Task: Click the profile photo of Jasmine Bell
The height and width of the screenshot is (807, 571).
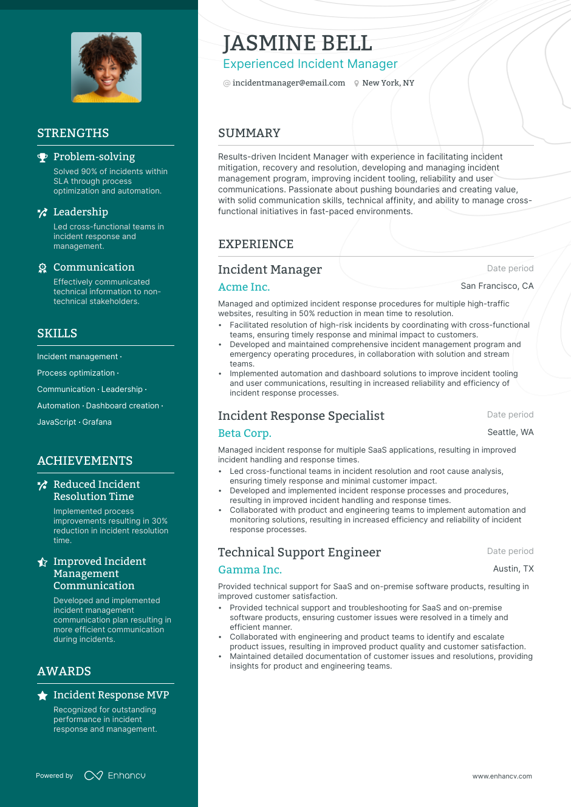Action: [x=106, y=67]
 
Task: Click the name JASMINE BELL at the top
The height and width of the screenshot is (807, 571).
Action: [x=297, y=43]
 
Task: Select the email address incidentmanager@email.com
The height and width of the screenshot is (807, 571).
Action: [x=289, y=83]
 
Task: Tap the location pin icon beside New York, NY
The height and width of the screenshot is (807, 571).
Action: [x=357, y=84]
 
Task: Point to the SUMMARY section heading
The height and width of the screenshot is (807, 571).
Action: [x=249, y=133]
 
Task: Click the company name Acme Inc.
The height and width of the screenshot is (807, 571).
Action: [x=244, y=287]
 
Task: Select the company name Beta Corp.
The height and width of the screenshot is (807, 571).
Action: [x=244, y=433]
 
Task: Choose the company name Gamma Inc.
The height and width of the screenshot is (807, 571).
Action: [x=250, y=570]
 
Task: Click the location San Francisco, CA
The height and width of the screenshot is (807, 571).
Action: [x=497, y=286]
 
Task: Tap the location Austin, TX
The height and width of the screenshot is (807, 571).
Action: [x=513, y=569]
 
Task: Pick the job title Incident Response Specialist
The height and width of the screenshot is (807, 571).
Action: [x=301, y=416]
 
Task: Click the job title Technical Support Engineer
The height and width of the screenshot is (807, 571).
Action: [x=299, y=552]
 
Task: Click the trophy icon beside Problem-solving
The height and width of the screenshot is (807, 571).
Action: [x=43, y=158]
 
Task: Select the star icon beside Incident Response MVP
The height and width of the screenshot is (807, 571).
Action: [x=43, y=696]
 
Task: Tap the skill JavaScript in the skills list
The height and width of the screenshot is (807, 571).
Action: [x=56, y=422]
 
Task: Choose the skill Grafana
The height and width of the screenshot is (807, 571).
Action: [x=97, y=422]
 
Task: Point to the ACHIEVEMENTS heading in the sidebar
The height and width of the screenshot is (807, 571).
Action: [x=84, y=461]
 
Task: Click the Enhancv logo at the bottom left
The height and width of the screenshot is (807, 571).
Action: [x=115, y=775]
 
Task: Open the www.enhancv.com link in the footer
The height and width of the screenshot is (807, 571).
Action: [x=502, y=776]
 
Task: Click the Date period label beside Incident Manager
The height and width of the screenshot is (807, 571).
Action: [x=510, y=268]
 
